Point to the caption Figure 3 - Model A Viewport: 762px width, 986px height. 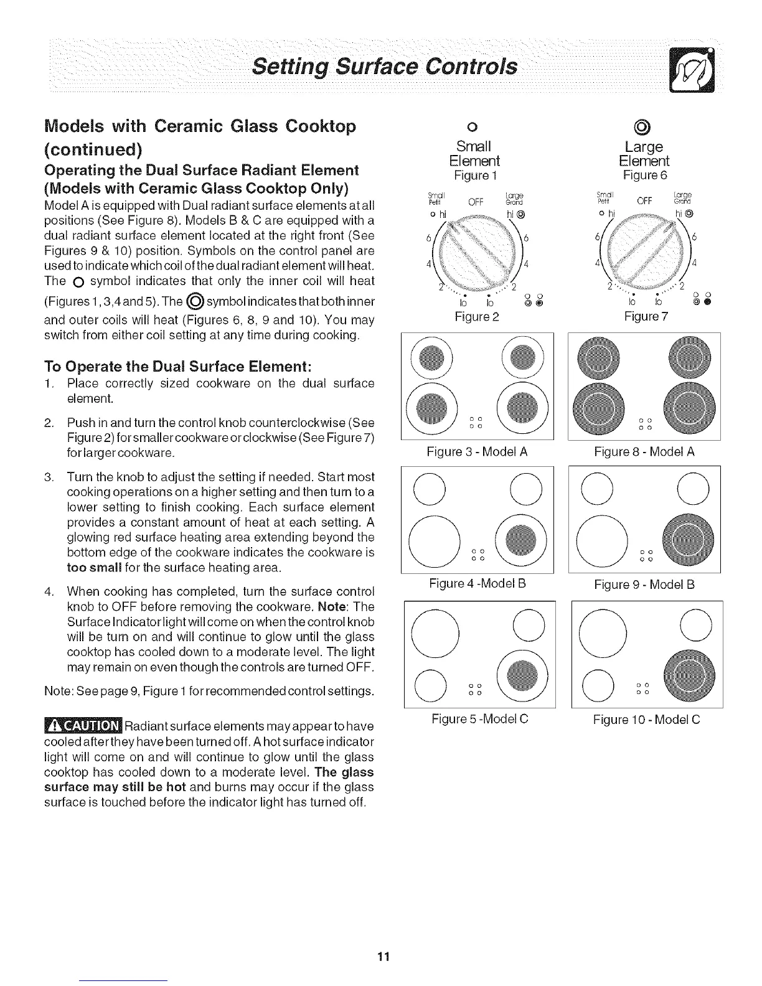477,452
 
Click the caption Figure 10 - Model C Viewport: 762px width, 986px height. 646,720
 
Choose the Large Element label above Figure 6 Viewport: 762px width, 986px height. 644,154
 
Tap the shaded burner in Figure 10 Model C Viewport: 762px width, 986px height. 690,675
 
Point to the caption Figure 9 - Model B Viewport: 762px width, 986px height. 644,585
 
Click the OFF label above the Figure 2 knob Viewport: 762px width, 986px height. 476,201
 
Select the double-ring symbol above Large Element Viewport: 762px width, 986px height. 644,128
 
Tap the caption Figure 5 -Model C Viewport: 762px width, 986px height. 480,719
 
